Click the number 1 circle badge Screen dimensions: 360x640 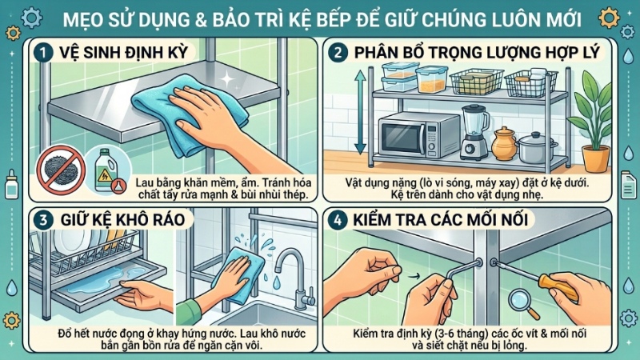coord(44,52)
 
